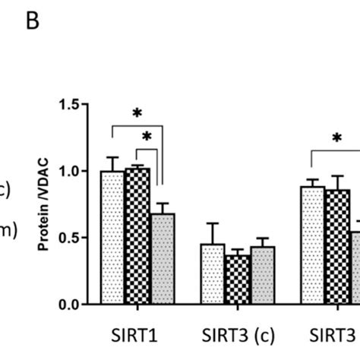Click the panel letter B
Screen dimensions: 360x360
pyautogui.click(x=32, y=22)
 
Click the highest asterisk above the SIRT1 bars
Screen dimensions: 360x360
pyautogui.click(x=137, y=113)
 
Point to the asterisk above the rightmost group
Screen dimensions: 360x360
pyautogui.click(x=336, y=138)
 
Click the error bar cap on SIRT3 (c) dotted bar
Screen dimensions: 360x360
pyautogui.click(x=213, y=223)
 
